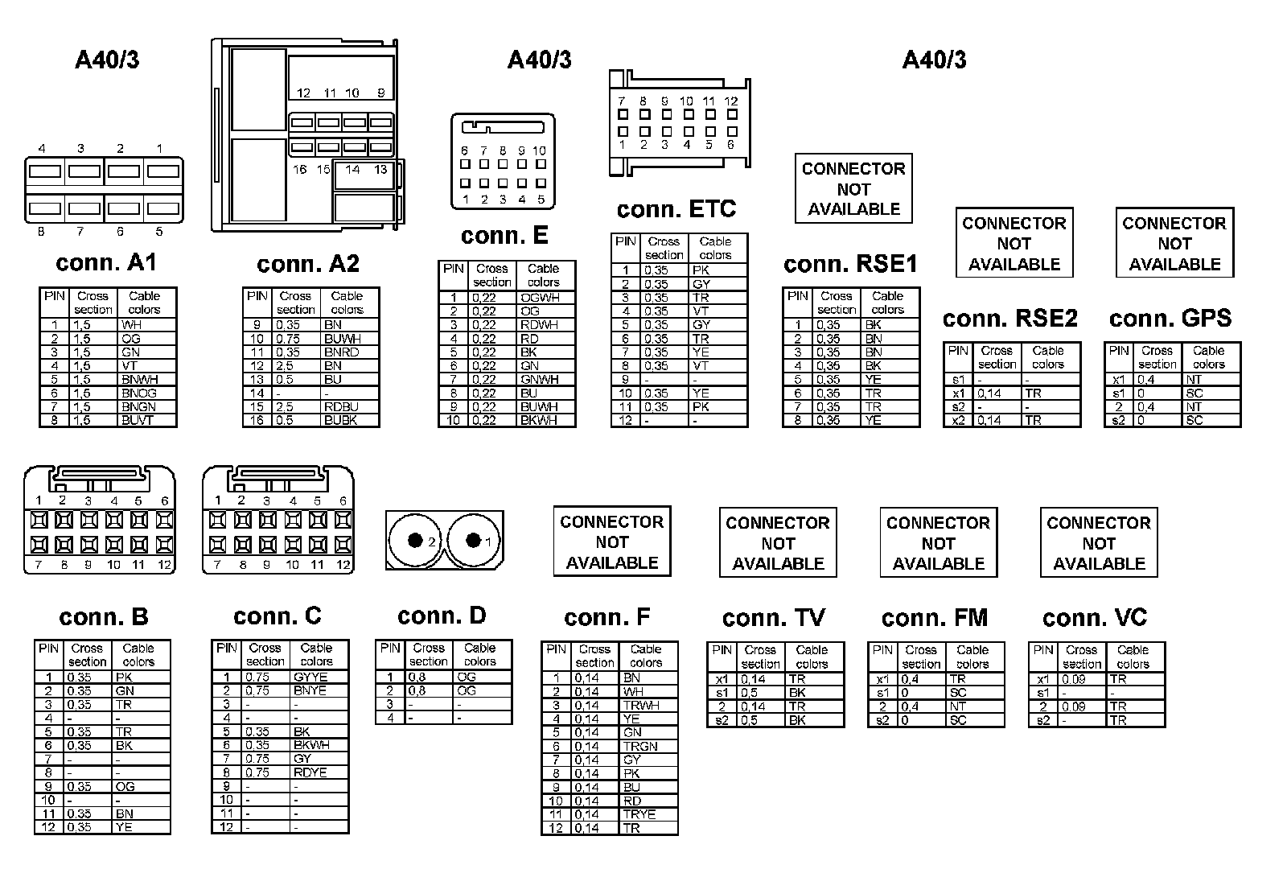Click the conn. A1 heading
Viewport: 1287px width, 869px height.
point(106,263)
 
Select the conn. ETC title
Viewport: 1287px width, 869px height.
point(676,209)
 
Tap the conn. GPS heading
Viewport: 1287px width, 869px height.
point(1170,318)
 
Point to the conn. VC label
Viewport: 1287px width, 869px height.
point(1095,618)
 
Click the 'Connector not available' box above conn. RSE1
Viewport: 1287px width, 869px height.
point(853,189)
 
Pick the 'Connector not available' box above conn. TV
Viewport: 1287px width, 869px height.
point(778,542)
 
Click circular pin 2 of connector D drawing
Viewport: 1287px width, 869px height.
point(415,541)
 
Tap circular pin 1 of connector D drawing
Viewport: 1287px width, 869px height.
point(474,541)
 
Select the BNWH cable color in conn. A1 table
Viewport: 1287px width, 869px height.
point(140,379)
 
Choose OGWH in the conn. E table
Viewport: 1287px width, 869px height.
point(540,298)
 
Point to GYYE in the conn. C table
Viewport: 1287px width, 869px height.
point(310,677)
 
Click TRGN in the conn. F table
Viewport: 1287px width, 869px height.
point(640,746)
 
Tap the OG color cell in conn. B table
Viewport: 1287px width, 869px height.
point(125,786)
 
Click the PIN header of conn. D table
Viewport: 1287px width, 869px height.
point(390,648)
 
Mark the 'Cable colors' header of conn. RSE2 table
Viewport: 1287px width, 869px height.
point(1048,357)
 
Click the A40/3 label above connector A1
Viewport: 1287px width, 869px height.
point(107,60)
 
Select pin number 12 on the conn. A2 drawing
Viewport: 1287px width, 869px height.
point(303,93)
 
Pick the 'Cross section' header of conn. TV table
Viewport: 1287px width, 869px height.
point(760,657)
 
